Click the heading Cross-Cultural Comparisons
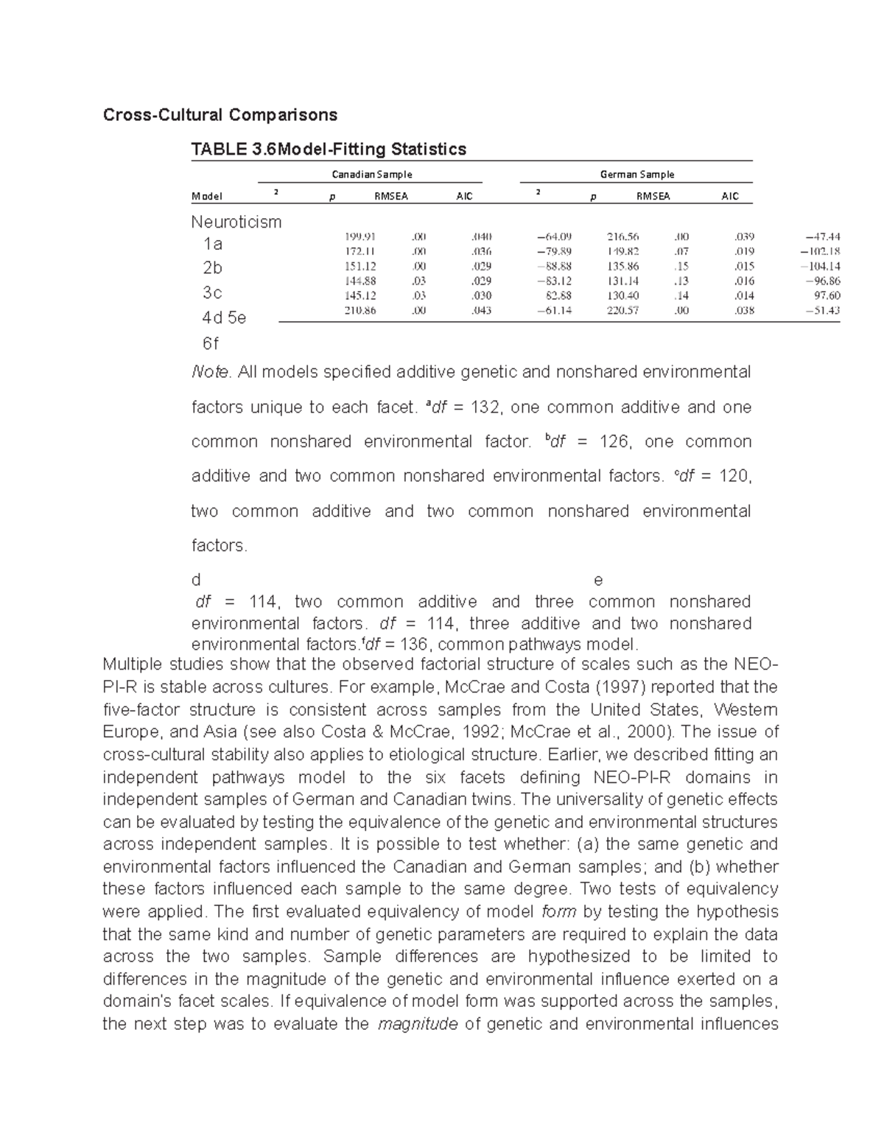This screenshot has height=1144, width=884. [220, 115]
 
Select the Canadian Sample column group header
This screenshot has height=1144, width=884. [371, 175]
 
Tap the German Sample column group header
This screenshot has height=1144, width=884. [636, 175]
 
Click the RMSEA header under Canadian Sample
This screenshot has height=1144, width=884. [390, 197]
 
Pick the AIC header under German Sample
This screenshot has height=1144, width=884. [729, 197]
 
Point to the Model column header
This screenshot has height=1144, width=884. [206, 197]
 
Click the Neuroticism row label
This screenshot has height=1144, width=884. [236, 222]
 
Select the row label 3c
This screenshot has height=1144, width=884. [212, 292]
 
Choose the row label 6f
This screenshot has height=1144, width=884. [211, 343]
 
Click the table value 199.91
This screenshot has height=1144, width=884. [360, 237]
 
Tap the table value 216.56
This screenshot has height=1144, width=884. [622, 237]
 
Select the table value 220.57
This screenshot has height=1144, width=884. [622, 310]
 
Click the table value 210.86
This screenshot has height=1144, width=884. [360, 310]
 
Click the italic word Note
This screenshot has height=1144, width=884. [211, 372]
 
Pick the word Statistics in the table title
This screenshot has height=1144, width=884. [428, 150]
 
